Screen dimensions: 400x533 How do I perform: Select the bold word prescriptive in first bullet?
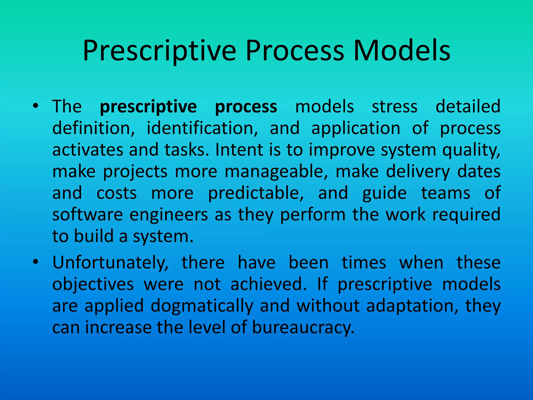148,107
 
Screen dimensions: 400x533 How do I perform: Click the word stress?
395,107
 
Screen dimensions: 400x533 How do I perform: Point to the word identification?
202,128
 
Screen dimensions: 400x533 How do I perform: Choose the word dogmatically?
202,306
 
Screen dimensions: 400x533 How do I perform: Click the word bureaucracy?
303,327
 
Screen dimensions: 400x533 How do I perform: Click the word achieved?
268,284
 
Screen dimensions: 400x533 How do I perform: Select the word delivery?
418,172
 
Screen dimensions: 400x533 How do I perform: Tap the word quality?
471,150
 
